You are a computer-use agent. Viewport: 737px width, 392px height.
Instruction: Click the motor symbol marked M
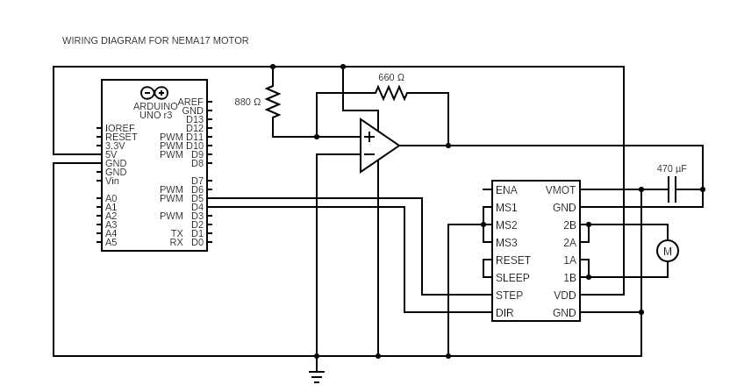click(x=668, y=251)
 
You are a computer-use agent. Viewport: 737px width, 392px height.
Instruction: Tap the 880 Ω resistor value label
click(x=247, y=102)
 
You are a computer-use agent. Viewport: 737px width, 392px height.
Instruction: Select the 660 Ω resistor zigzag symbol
click(x=391, y=93)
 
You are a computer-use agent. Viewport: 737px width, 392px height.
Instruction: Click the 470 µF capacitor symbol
click(x=672, y=189)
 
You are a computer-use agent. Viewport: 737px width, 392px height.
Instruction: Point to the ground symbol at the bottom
click(x=317, y=376)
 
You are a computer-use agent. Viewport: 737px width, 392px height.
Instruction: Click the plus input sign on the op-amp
click(x=369, y=137)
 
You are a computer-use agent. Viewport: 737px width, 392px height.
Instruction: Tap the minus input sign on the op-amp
click(x=369, y=154)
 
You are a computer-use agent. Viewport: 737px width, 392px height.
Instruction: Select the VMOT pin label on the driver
click(x=561, y=190)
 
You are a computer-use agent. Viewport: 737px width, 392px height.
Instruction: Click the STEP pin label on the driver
click(x=509, y=296)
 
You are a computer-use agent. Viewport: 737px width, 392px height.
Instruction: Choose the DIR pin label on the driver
click(x=504, y=313)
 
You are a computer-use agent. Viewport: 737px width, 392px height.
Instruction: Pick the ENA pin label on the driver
click(x=506, y=190)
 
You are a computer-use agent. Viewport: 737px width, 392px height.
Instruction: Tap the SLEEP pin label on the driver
click(x=512, y=278)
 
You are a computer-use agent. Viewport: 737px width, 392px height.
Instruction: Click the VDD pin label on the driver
click(x=565, y=296)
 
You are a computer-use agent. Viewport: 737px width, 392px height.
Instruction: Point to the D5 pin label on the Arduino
click(x=197, y=198)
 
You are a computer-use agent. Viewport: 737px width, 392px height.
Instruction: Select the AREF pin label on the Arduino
click(x=190, y=102)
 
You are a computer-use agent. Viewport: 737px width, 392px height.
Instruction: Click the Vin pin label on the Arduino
click(x=112, y=181)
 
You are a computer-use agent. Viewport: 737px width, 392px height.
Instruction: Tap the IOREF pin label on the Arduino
click(x=120, y=128)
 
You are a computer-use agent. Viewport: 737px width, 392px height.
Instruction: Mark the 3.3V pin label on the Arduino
click(x=115, y=146)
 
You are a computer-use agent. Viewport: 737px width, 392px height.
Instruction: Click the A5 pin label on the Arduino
click(x=111, y=243)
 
